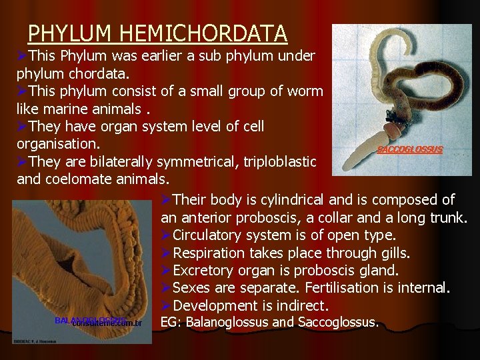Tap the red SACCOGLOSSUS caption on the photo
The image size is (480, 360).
[x=409, y=150]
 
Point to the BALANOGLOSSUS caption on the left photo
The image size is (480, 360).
[x=89, y=321]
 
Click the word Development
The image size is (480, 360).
[x=213, y=306]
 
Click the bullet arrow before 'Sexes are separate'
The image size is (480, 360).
[x=166, y=288]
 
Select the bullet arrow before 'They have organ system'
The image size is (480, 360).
[x=23, y=126]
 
